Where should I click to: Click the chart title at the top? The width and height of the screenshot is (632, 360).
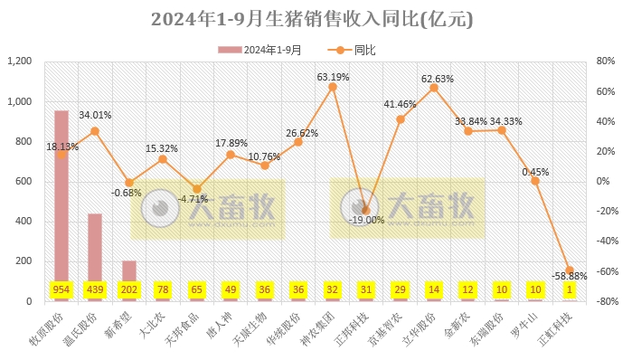coord(316,18)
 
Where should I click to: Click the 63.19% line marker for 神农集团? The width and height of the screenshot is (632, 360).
coord(332,87)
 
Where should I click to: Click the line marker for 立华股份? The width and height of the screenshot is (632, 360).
coord(434,88)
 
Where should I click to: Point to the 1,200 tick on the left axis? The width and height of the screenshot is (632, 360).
coord(19,62)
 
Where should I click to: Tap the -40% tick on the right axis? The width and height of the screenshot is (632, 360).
coord(605,242)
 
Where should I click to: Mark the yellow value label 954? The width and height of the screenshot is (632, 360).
coord(61,289)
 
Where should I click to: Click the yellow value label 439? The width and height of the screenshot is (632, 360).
coord(95,289)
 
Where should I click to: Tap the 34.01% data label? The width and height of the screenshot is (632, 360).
coord(96,116)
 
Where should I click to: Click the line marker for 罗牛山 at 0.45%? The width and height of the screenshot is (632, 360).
coord(535,181)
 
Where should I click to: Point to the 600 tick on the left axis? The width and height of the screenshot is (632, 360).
coord(24,182)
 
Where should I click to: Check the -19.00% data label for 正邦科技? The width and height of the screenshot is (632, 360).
coord(367,220)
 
